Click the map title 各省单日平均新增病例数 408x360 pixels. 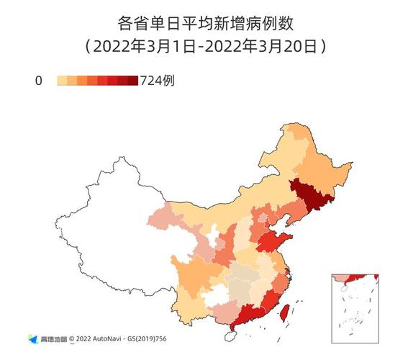(x=204, y=24)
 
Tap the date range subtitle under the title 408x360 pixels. (x=204, y=47)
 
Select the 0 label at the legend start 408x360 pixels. (x=38, y=81)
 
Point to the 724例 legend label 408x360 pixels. (x=156, y=81)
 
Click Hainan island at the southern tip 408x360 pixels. (x=231, y=336)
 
